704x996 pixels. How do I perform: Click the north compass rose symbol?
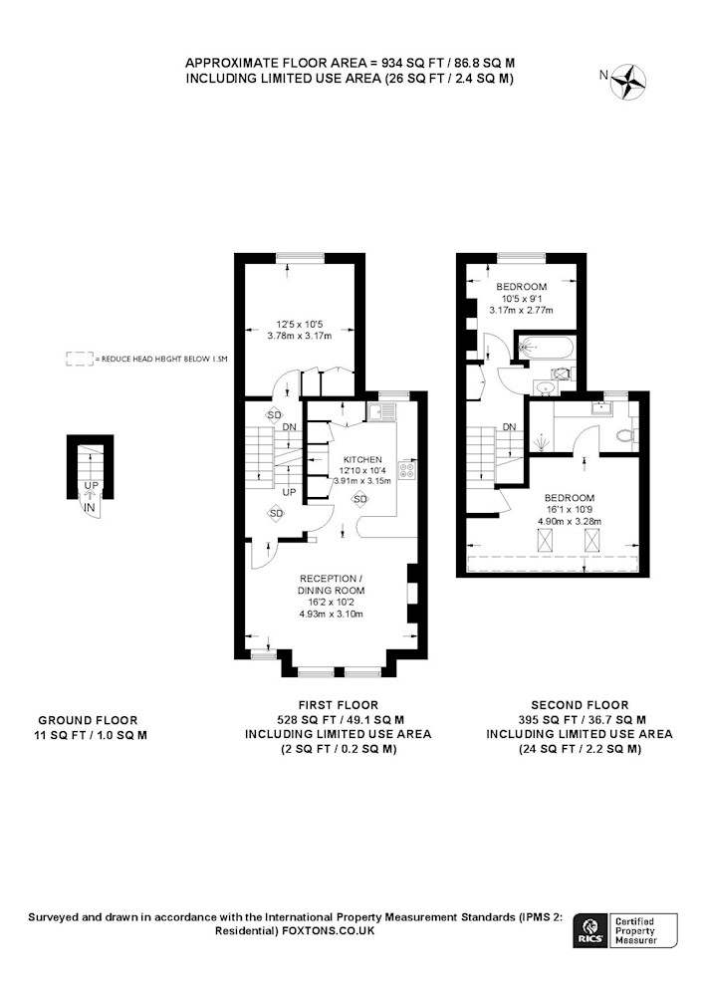point(628,82)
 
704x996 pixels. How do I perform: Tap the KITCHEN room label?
point(362,459)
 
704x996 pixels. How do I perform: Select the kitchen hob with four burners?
point(407,470)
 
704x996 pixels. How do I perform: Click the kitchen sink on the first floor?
point(380,412)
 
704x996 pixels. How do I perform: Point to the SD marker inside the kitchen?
point(359,499)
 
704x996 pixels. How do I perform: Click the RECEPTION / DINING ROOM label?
point(331,585)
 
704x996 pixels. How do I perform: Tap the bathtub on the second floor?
point(546,347)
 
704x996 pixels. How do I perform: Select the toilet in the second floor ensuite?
point(626,435)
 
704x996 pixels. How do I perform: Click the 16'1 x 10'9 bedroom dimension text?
point(570,509)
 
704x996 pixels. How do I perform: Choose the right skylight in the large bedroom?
point(591,541)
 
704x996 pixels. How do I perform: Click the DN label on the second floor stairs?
point(509,427)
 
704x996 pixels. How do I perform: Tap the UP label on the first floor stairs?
point(289,492)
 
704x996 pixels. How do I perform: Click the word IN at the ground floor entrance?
point(90,508)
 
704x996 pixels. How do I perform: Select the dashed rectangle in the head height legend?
point(79,359)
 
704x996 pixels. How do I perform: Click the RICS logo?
point(589,931)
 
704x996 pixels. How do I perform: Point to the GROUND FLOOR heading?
point(88,720)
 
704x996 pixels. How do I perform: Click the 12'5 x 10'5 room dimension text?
point(299,325)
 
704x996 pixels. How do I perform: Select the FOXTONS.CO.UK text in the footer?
point(329,931)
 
